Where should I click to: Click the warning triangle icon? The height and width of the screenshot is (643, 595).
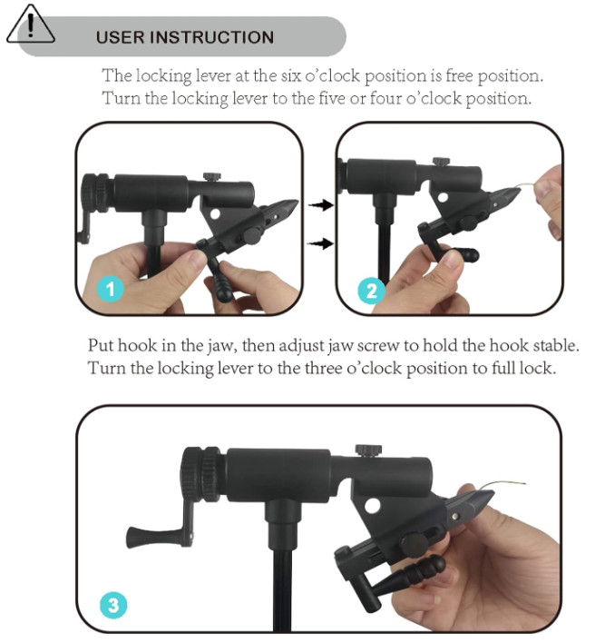tap(30, 26)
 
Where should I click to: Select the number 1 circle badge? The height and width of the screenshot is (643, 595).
tap(111, 291)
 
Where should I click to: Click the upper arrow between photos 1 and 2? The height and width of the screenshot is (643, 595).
tap(318, 206)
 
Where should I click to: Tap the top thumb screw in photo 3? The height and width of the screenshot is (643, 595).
tap(367, 451)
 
